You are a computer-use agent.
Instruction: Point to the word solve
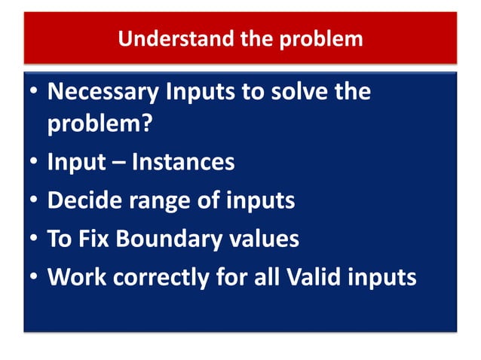pos(293,93)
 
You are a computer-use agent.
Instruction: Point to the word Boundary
pos(165,239)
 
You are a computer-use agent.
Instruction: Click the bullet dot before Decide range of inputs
pos(33,201)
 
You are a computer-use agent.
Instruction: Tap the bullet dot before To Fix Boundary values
pos(33,239)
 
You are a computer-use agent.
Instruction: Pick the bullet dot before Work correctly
pos(33,278)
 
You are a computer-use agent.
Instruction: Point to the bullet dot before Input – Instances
pos(33,163)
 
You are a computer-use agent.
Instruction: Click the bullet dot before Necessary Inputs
pos(33,94)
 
